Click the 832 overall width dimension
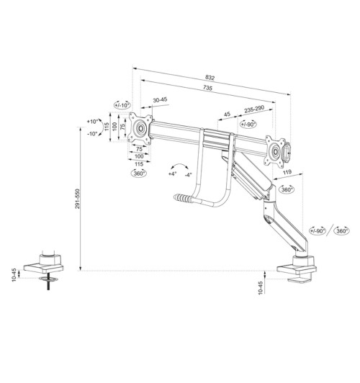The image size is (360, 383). click(210, 77)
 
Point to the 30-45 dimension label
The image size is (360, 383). click(160, 100)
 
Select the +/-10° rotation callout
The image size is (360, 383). click(122, 105)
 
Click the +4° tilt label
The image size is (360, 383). click(172, 174)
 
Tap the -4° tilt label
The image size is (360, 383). click(188, 174)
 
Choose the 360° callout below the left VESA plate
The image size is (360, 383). click(138, 174)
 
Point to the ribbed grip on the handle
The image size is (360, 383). click(184, 196)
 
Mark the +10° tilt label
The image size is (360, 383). click(92, 122)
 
